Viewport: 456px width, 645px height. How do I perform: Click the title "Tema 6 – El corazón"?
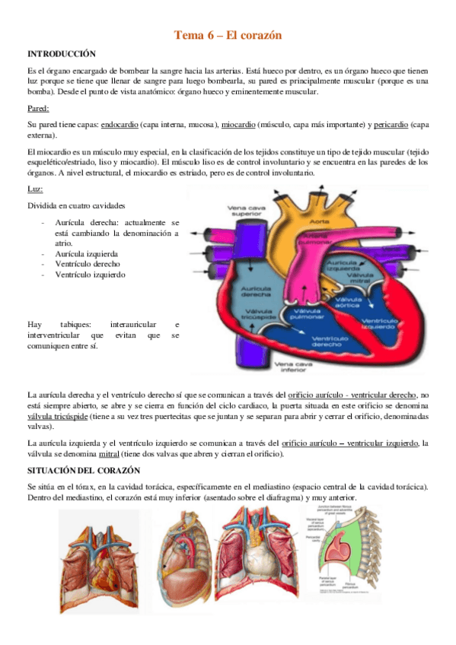coord(228,35)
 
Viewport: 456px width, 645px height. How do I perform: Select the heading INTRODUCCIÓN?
coord(62,54)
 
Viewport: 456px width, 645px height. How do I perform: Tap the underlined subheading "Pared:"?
coord(39,108)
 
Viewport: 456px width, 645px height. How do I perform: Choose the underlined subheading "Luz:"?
coord(35,188)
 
